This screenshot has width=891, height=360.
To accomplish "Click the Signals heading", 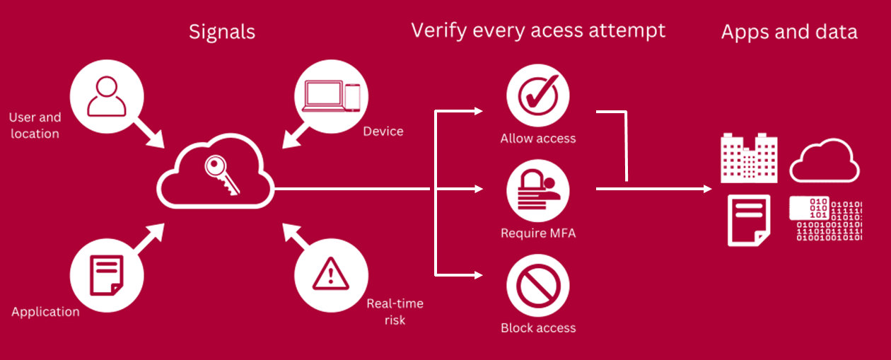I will tap(221, 32).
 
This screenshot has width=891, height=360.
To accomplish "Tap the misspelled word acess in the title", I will tap(559, 30).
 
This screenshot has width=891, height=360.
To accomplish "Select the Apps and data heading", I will tap(788, 32).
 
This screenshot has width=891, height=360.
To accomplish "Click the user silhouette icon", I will tap(105, 96).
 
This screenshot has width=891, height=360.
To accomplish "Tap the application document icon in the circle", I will tap(105, 275).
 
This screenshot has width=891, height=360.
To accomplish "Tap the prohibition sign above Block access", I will tap(537, 286).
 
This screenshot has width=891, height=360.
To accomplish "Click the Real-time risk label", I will tap(395, 312).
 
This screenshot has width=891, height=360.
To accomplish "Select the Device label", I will tap(383, 132).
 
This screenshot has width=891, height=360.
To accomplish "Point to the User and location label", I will tap(35, 125).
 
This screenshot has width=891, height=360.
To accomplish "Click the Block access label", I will tap(537, 328).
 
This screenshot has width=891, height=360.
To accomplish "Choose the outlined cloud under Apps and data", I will tap(825, 161).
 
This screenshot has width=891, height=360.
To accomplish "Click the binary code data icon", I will tap(825, 220).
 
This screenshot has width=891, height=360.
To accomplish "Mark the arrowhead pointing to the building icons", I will tap(706, 189).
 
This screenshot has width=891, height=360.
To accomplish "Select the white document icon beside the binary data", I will tap(748, 221).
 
